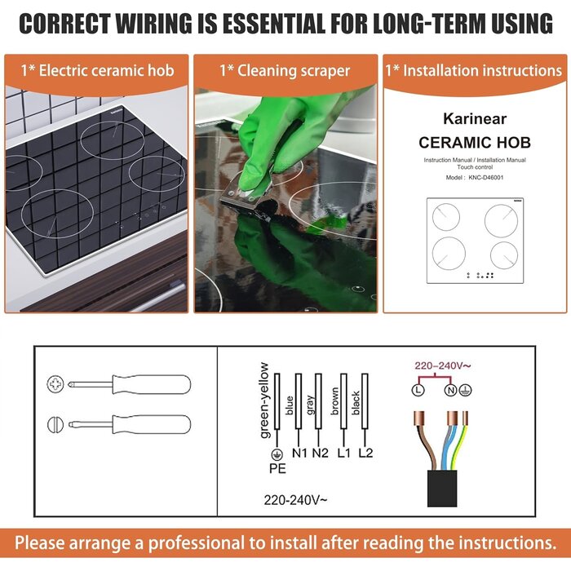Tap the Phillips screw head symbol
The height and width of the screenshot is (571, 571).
click(55, 384)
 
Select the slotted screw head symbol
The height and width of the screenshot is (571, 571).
click(55, 424)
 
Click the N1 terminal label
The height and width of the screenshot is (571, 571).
click(299, 453)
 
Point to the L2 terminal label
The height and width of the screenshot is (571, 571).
click(365, 453)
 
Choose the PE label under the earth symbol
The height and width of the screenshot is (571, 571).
click(277, 468)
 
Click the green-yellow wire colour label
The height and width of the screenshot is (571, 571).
click(265, 401)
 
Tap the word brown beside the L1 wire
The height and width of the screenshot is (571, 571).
click(334, 401)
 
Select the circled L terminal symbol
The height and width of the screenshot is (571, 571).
click(418, 390)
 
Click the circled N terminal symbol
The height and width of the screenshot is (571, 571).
click(451, 390)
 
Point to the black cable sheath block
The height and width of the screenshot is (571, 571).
click(442, 488)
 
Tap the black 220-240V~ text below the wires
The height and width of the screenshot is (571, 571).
click(295, 500)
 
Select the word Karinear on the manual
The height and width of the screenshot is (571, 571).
click(475, 119)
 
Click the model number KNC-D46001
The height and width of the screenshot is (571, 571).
click(486, 178)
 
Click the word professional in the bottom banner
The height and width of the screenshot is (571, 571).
click(196, 543)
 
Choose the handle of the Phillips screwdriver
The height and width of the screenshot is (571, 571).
click(152, 384)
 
